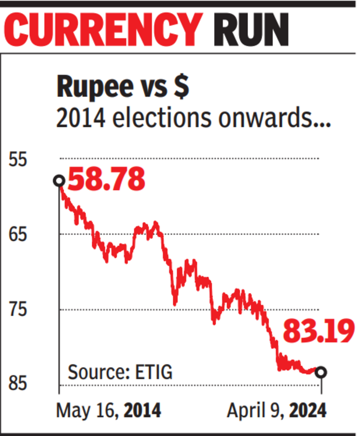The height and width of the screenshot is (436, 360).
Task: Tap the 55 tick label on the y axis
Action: click(18, 159)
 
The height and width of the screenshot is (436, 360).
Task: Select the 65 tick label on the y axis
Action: click(18, 234)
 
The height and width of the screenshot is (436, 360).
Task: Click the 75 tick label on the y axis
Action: click(18, 309)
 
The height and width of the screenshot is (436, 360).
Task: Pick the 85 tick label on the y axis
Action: click(18, 384)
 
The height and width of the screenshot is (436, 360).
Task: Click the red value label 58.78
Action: click(106, 180)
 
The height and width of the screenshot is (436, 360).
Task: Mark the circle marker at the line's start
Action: click(59, 181)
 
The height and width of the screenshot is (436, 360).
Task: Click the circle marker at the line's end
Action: click(321, 372)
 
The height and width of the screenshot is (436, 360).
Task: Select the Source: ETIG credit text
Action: click(121, 372)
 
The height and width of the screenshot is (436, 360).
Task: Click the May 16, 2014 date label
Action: click(109, 411)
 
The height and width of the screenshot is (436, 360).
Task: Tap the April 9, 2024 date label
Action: click(277, 411)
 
